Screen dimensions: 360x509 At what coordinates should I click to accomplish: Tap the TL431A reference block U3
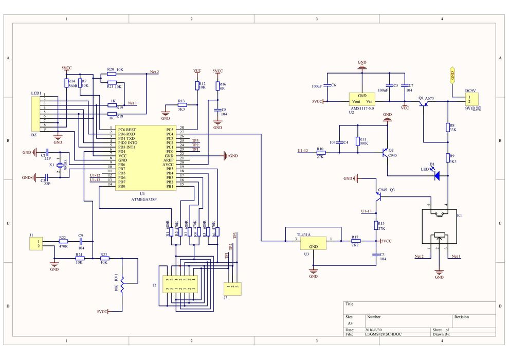tap(313, 243)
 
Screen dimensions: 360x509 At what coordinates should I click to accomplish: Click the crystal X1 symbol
tap(60, 165)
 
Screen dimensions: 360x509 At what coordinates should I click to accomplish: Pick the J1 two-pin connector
tap(36, 243)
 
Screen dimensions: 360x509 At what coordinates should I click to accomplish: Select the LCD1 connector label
tap(36, 93)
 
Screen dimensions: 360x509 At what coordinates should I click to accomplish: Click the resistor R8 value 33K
tap(452, 130)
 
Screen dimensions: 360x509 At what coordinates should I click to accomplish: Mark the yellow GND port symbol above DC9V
tap(452, 75)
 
